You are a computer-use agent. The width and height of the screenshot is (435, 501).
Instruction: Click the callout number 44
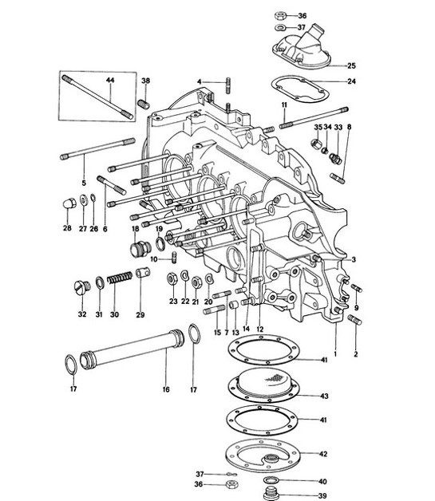pyautogui.click(x=109, y=81)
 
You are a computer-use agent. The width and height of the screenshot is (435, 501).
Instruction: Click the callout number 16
pyautogui.click(x=166, y=391)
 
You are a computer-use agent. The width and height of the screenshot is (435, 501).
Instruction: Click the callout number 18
pyautogui.click(x=136, y=229)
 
